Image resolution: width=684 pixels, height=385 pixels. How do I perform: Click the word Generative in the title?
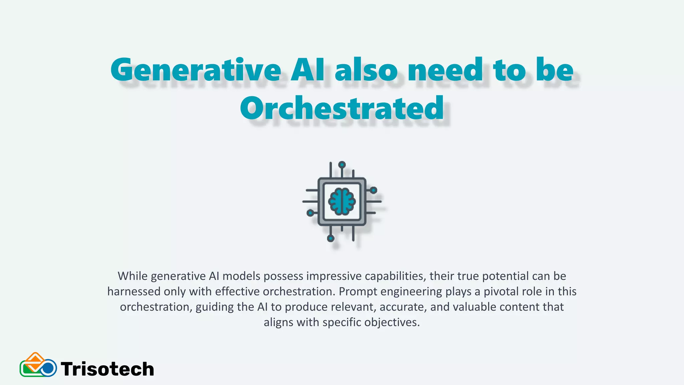point(196,70)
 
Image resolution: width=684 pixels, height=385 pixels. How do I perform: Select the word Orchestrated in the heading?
point(342,108)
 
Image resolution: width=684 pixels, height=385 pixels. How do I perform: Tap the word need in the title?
point(445,70)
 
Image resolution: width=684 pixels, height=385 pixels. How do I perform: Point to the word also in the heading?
point(367,70)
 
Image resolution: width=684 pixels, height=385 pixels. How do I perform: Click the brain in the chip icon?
point(342,201)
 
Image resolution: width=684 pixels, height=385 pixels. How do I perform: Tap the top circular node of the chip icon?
point(342,165)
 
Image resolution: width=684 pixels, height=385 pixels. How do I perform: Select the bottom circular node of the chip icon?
point(331,238)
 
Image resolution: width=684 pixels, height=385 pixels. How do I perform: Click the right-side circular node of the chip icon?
point(373,190)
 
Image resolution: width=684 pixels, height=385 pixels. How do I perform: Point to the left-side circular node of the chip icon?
point(310,213)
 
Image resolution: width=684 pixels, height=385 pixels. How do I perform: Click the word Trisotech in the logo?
point(108,369)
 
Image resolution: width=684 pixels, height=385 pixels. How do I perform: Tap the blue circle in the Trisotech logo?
point(49,368)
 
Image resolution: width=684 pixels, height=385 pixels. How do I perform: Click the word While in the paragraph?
point(133,276)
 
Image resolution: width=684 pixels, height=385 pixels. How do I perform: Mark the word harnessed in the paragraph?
point(134,291)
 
